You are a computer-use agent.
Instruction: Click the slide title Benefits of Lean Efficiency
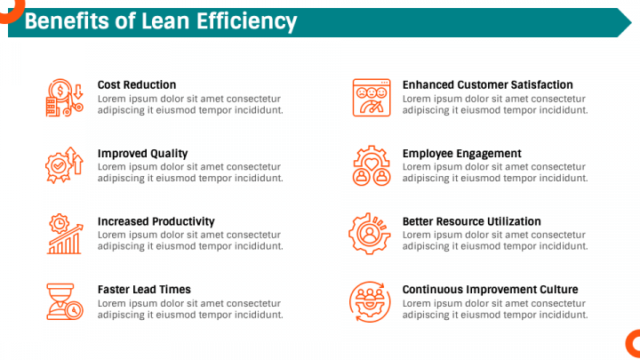coord(161,21)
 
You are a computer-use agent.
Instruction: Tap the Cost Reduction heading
coord(137,85)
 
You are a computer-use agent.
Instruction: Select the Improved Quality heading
coord(142,154)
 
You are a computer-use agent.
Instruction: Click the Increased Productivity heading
coord(156,221)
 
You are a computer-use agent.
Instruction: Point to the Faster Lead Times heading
coord(144,290)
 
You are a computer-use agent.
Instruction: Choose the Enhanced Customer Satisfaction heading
coord(488,85)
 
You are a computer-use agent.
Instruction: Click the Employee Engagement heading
coord(462,154)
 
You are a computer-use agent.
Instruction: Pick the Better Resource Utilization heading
coord(471,221)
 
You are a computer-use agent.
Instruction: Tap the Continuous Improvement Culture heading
coord(490,290)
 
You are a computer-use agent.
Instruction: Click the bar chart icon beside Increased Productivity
coord(65,234)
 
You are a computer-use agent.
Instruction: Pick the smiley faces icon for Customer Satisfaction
coord(372,98)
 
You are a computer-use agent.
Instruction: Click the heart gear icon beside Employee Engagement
coord(372,165)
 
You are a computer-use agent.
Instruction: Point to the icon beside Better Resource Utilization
coord(370,234)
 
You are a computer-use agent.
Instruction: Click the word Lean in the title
coord(165,21)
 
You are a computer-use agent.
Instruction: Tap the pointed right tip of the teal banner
coord(631,23)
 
